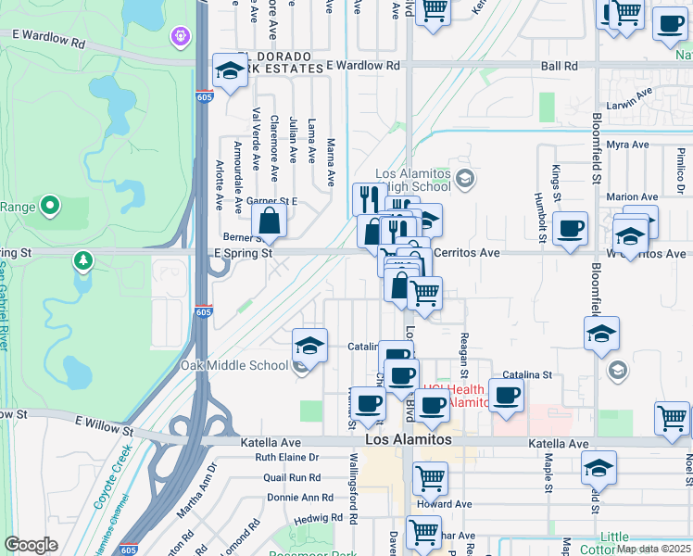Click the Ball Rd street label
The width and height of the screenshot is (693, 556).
(559, 66)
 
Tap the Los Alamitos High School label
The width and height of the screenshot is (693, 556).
(412, 182)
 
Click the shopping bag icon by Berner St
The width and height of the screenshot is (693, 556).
(269, 221)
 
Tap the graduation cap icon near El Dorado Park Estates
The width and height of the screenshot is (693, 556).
(230, 70)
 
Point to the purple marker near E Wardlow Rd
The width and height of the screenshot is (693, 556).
(178, 37)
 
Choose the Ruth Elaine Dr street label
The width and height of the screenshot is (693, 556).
(286, 458)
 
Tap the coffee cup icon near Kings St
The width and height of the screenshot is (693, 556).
(570, 228)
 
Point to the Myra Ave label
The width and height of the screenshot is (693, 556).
(627, 145)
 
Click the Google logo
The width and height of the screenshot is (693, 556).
(31, 545)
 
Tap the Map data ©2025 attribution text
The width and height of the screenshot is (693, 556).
(652, 549)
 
